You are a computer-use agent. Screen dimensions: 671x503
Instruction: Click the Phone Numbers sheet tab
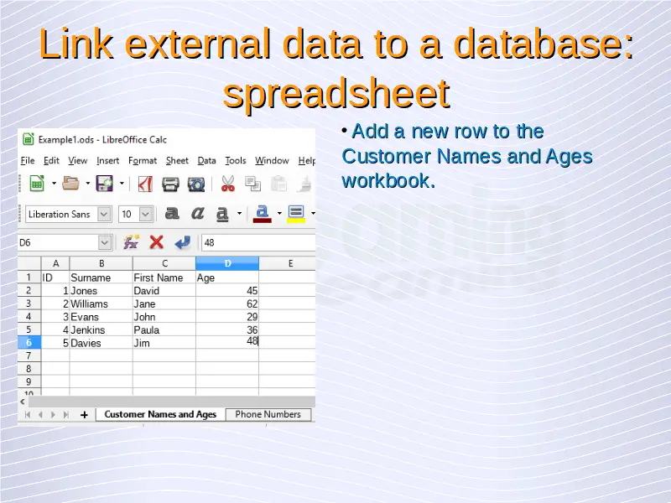(x=268, y=414)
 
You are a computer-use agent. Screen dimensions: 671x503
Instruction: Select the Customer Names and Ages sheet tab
(x=160, y=414)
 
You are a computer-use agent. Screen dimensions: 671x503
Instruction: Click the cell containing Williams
(x=101, y=303)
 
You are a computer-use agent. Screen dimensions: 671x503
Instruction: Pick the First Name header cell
(x=164, y=277)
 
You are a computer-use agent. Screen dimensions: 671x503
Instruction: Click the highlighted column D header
(x=227, y=263)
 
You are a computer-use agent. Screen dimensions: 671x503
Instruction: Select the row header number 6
(x=29, y=343)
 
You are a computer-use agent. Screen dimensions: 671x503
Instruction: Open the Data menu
(x=206, y=160)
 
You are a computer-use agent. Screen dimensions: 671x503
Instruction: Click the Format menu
(x=143, y=160)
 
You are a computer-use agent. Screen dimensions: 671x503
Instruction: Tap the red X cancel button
(x=157, y=242)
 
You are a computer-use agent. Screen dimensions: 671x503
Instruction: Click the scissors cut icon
(x=227, y=184)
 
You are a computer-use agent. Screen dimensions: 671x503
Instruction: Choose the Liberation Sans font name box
(x=69, y=214)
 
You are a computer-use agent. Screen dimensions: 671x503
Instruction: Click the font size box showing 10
(x=136, y=214)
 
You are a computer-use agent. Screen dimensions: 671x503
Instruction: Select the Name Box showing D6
(x=65, y=242)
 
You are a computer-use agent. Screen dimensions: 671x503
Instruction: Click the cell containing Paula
(x=164, y=329)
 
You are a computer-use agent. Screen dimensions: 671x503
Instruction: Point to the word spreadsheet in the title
(x=336, y=94)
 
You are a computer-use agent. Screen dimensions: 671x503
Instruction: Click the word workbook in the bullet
(x=388, y=180)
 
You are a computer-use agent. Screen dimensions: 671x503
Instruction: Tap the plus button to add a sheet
(x=85, y=414)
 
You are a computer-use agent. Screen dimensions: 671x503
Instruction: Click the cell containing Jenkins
(x=101, y=329)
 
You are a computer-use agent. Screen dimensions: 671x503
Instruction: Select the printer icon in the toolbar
(x=170, y=184)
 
